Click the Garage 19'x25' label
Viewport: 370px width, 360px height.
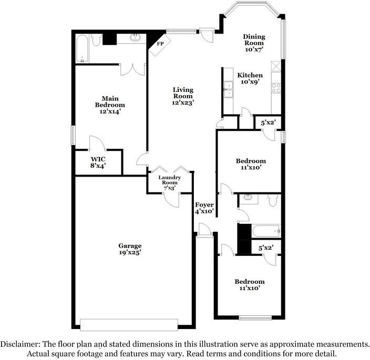(129, 249)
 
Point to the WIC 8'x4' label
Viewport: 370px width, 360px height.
(98, 162)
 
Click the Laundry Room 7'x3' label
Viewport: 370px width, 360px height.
(170, 181)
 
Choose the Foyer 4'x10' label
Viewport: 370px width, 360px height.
(204, 208)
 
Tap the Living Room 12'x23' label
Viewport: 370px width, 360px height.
(183, 96)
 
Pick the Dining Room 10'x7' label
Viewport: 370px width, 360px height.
(254, 43)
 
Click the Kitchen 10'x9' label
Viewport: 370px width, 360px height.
(251, 79)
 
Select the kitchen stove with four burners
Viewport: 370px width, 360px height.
(275, 88)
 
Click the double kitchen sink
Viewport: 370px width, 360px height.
(229, 89)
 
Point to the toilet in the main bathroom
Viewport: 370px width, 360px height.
(96, 40)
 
